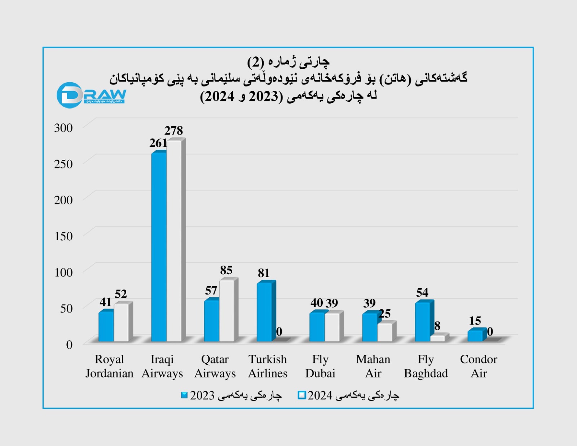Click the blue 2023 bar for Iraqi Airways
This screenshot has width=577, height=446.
[x=159, y=247]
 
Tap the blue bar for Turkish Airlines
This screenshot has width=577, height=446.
[x=264, y=312]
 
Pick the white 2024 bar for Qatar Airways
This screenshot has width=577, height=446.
[x=226, y=311]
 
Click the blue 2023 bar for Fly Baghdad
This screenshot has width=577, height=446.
[x=422, y=322]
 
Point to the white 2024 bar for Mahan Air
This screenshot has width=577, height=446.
[x=385, y=332]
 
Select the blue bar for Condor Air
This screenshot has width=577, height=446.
[x=475, y=336]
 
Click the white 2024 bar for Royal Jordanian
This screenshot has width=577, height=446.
[x=121, y=323]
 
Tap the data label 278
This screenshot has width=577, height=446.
[x=173, y=130]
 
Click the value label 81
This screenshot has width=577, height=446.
[x=264, y=273]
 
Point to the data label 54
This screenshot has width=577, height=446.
[x=422, y=292]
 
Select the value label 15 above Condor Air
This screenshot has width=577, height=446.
[x=475, y=321]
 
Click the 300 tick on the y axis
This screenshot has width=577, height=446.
[x=63, y=128]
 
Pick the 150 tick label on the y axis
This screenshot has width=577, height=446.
[x=63, y=236]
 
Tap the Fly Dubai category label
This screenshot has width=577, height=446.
[x=320, y=366]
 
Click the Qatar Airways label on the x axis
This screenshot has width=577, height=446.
[x=215, y=366]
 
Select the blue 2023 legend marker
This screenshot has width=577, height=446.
[x=184, y=395]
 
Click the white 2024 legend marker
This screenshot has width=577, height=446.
[x=301, y=395]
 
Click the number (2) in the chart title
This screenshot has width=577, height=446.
[x=255, y=62]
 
